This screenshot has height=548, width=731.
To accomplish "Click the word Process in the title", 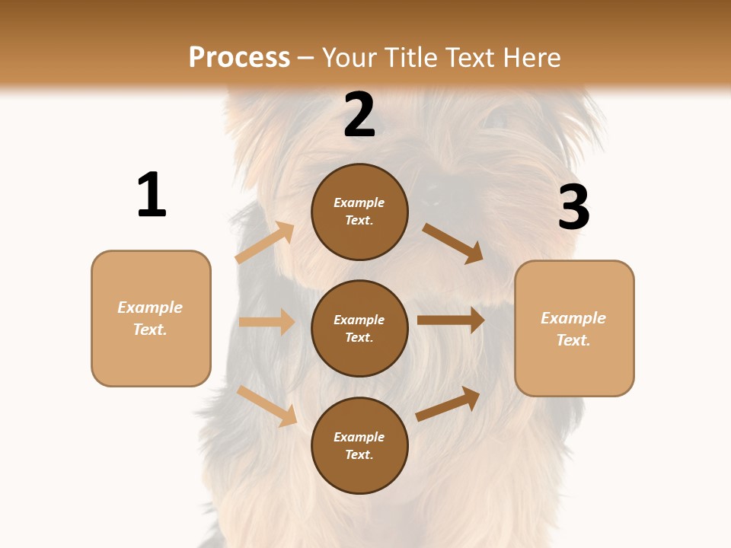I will [239, 57].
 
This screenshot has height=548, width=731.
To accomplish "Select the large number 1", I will [152, 195].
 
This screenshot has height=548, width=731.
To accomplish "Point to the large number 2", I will [359, 115].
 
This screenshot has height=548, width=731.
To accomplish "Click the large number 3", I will [573, 207].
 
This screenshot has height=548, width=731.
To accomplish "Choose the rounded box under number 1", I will [151, 318].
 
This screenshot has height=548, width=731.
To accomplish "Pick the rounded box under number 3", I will [574, 328].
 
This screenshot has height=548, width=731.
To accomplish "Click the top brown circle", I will [359, 212].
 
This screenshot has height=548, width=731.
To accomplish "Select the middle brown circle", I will [359, 328].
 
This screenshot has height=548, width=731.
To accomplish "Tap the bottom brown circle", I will [359, 445].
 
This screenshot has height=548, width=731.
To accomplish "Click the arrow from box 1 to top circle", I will [265, 242].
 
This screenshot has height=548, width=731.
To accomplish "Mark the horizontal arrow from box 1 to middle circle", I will [267, 322].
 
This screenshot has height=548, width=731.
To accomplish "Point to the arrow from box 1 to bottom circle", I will [267, 405].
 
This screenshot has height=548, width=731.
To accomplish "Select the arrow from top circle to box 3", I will [453, 243].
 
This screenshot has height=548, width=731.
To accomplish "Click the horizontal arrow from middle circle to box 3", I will [451, 320].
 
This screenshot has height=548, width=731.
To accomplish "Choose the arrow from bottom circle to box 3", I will [448, 403].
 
